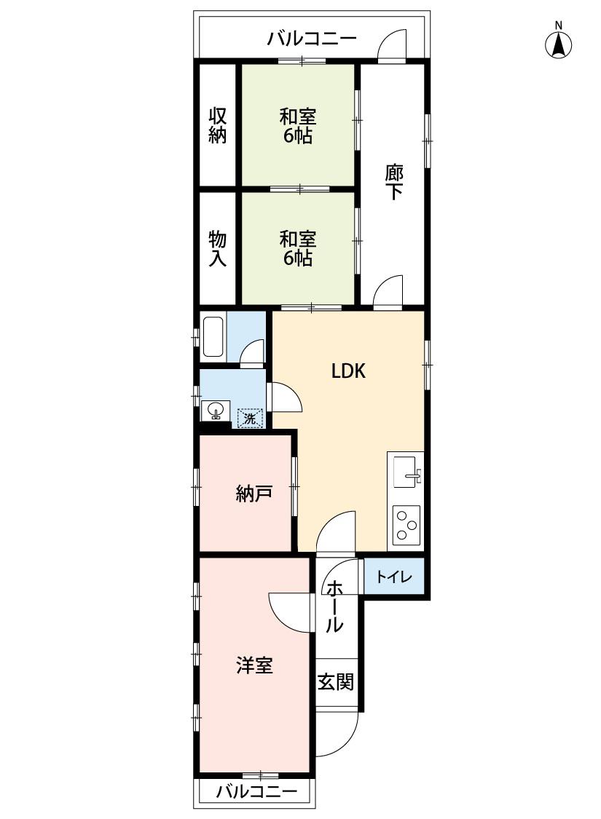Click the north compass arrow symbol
[x=558, y=44]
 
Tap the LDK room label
[x=348, y=371]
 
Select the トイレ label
[x=395, y=577]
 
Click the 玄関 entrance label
[x=336, y=681]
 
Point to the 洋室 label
[x=254, y=665]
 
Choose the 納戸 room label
[x=254, y=493]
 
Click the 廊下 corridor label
[x=394, y=182]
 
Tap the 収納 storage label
[x=217, y=125]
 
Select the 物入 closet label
[x=217, y=249]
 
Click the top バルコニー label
[x=312, y=39]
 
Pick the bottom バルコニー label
[x=256, y=791]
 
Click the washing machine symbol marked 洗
[x=250, y=418]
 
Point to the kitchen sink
[x=408, y=472]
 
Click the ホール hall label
[x=335, y=606]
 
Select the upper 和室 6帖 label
[x=298, y=125]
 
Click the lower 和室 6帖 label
[x=298, y=249]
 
